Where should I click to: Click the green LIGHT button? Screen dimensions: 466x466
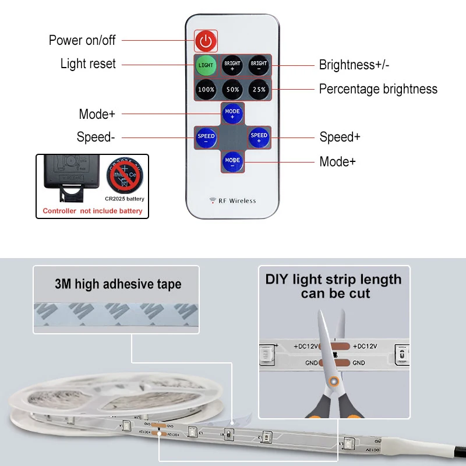(x=205, y=65)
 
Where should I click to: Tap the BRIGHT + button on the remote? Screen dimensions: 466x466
(x=232, y=65)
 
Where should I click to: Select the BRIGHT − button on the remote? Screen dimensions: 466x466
(x=259, y=65)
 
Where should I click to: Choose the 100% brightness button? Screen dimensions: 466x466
(x=206, y=90)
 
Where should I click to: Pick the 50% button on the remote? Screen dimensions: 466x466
(x=232, y=90)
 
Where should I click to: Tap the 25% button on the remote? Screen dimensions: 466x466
(x=259, y=90)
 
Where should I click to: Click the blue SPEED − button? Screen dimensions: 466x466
(x=206, y=138)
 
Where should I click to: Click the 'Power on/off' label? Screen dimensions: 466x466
(x=82, y=40)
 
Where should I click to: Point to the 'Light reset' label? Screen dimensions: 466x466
(x=88, y=64)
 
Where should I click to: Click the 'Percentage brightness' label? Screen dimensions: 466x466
(x=378, y=89)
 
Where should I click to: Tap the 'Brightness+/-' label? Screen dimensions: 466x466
(x=354, y=65)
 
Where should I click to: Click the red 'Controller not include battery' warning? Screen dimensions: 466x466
(x=93, y=211)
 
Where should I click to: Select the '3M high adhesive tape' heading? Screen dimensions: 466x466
(x=118, y=284)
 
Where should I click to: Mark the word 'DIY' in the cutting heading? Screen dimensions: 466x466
(x=277, y=280)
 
